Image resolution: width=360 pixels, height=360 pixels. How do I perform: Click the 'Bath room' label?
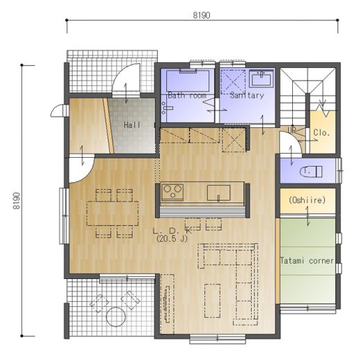tap(187, 95)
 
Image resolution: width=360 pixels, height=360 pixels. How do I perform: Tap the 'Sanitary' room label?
tap(247, 95)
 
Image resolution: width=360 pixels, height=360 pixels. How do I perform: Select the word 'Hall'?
tap(132, 125)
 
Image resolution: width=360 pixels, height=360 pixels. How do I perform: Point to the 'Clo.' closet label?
tap(321, 132)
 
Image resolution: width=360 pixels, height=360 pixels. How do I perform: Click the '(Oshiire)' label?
tap(307, 200)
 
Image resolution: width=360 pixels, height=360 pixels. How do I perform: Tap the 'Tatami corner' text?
tap(307, 261)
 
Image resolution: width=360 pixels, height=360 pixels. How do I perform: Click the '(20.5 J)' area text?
tap(172, 239)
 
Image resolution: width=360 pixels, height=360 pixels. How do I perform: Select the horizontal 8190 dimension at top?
tap(201, 15)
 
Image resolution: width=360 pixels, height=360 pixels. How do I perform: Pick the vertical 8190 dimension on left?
tap(17, 201)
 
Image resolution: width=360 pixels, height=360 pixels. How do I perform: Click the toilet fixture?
tap(311, 172)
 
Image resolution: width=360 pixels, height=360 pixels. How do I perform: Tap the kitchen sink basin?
tap(219, 192)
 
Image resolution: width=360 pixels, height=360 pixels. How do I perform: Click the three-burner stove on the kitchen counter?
tap(172, 192)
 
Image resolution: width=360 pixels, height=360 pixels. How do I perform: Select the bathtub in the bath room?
tap(188, 80)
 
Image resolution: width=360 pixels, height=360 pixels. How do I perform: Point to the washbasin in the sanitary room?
tap(261, 79)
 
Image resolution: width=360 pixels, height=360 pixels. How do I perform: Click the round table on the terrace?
tap(116, 316)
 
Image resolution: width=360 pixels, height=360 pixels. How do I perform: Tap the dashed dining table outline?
tap(113, 213)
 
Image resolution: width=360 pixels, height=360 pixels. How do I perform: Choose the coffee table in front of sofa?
tap(213, 300)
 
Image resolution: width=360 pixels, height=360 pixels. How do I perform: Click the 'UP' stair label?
tap(291, 130)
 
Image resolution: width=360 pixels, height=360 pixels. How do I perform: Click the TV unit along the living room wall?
tap(167, 304)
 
